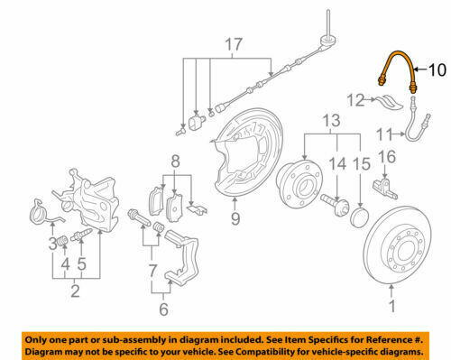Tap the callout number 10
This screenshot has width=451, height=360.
click(x=437, y=70)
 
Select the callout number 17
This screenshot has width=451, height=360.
click(x=234, y=44)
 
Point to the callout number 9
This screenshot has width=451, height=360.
click(x=235, y=218)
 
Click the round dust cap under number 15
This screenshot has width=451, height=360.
click(x=360, y=216)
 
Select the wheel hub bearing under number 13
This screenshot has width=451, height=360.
click(x=299, y=184)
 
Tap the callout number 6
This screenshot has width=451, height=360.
click(x=163, y=309)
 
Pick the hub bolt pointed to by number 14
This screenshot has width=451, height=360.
click(x=335, y=204)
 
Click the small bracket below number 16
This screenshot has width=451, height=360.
click(x=385, y=188)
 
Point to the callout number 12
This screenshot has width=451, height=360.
click(x=355, y=100)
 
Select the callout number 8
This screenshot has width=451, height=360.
click(x=175, y=162)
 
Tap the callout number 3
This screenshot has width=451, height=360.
click(x=53, y=244)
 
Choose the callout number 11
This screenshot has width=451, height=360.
click(x=384, y=134)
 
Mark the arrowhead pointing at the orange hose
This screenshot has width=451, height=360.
click(x=415, y=69)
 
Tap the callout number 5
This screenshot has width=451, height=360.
click(x=82, y=263)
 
